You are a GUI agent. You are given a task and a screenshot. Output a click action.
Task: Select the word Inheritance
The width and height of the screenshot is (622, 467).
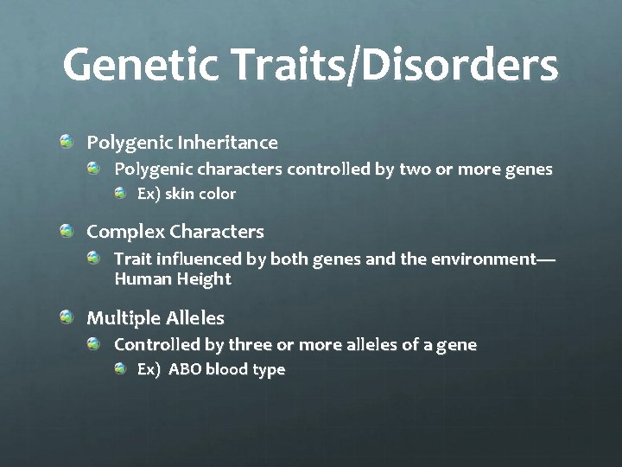[235, 142]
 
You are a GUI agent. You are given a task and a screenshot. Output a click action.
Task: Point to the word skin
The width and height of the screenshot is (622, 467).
[181, 194]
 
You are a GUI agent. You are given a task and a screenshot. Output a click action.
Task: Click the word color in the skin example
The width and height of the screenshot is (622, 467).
[218, 194]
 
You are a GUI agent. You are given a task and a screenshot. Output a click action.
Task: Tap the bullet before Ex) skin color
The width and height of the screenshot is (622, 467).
[120, 193]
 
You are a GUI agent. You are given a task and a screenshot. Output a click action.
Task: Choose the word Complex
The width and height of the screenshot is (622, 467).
[126, 232]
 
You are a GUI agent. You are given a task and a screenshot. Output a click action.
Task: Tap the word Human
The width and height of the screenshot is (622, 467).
[139, 278]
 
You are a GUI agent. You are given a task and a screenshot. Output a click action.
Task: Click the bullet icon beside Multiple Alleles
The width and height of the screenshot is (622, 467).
[67, 317]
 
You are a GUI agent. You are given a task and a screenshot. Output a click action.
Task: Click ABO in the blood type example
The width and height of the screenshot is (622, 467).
[185, 369]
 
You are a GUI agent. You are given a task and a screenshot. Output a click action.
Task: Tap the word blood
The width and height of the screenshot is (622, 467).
[226, 369]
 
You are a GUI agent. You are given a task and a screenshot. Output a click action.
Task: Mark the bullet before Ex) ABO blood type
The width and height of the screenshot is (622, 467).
[120, 368]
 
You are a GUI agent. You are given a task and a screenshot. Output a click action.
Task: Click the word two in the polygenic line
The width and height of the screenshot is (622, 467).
[413, 169]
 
